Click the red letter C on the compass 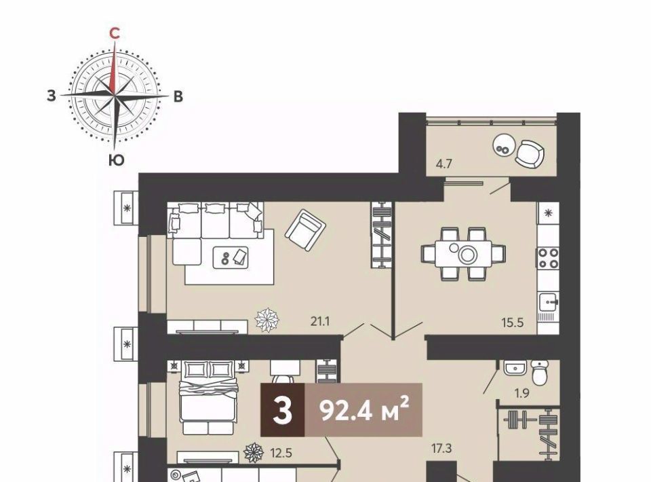tap(115, 33)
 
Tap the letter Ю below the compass tap(117, 160)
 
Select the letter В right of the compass tap(178, 96)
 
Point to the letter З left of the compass tap(51, 96)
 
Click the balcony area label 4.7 tap(443, 164)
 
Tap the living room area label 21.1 tap(319, 321)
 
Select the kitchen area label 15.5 tap(513, 322)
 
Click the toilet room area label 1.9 tap(521, 392)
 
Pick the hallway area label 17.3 tap(441, 448)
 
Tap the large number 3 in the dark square tap(283, 411)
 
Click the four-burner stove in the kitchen tap(548, 258)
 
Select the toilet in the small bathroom tap(539, 372)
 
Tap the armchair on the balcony tap(530, 154)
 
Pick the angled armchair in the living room tap(304, 229)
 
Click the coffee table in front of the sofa tap(231, 257)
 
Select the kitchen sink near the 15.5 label tap(548, 301)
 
